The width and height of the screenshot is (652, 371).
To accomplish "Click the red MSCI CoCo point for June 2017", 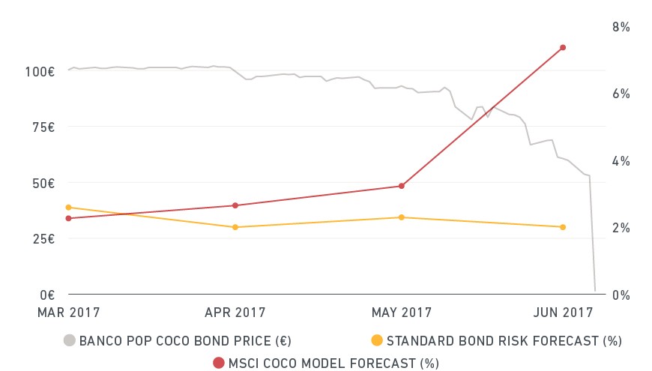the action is coord(563,48).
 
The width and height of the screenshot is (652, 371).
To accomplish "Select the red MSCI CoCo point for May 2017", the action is coord(401,186).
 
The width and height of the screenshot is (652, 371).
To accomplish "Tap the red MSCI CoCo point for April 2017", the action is coord(235,205).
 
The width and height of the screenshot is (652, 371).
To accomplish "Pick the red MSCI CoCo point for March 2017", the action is coord(69,218).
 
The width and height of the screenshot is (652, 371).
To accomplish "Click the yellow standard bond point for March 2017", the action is coord(69,208).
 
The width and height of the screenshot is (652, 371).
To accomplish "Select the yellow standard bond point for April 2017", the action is coord(235,227).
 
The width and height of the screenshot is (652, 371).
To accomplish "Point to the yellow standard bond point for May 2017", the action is coord(401,217).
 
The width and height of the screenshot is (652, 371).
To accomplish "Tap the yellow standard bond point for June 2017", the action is coord(563,227).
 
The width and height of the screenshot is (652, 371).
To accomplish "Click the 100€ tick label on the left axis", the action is coord(40,72).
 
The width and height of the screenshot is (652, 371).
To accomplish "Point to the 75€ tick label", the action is coord(43,127).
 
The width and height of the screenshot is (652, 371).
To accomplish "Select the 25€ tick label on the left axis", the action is coord(43,239).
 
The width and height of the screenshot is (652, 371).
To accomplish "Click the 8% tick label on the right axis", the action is coord(621,27).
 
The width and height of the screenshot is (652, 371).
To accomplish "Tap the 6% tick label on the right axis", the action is coord(621,94).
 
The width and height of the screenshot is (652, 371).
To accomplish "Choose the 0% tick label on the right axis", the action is coord(621,295).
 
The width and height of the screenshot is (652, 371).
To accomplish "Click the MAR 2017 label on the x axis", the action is coord(69,313).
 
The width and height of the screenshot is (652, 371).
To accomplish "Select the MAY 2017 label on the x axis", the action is coord(402,313).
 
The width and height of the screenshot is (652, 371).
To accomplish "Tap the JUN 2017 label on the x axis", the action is coord(563,313).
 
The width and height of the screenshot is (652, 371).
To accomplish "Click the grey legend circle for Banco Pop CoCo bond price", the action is coord(70,340).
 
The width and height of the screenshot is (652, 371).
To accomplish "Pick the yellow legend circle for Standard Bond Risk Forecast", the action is coord(377,340).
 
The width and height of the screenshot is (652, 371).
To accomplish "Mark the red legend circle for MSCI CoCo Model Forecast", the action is coord(219,363).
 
